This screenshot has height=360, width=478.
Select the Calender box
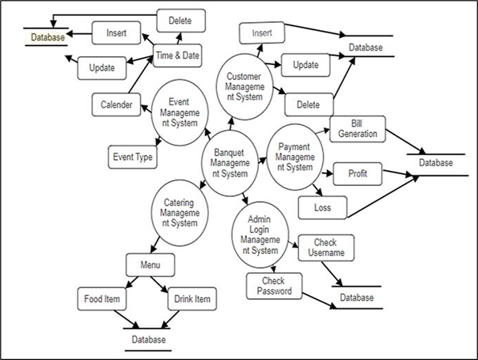pos(116,104)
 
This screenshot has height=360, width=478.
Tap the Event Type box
pos(132,157)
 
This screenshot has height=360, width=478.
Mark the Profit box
pos(354,172)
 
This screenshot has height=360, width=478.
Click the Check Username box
pos(326,248)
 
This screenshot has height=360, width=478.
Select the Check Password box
pos(274,286)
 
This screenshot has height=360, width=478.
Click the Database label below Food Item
pos(148,339)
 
